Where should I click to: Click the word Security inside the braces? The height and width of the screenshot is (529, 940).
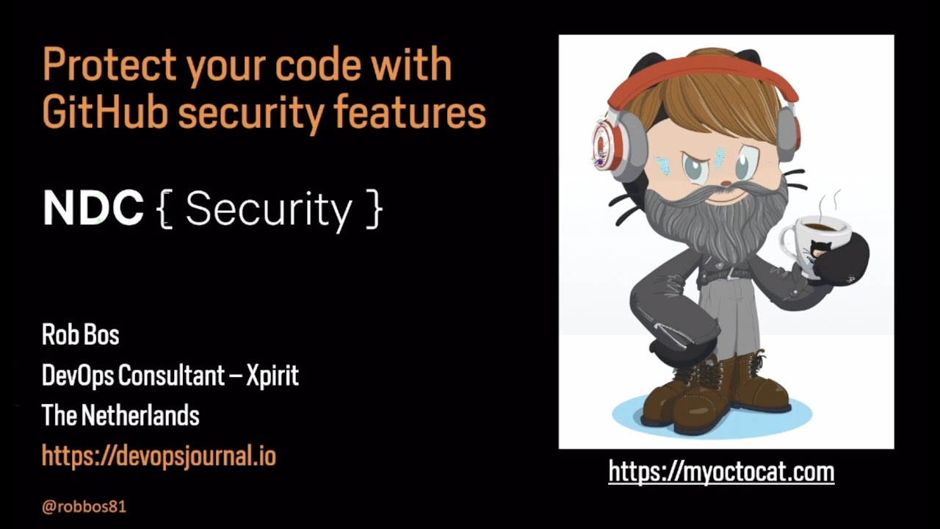click(x=269, y=211)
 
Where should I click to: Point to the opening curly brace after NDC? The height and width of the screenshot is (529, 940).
click(x=164, y=211)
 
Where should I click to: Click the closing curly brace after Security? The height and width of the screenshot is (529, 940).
click(x=374, y=211)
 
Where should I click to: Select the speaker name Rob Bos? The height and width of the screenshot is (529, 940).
click(x=81, y=335)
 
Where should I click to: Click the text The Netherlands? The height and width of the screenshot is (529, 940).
click(x=120, y=416)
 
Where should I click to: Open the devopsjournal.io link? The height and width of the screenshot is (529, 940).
click(x=159, y=456)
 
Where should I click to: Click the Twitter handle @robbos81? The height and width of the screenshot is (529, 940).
click(x=84, y=506)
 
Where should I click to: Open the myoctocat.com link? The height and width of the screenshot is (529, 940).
click(x=721, y=471)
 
